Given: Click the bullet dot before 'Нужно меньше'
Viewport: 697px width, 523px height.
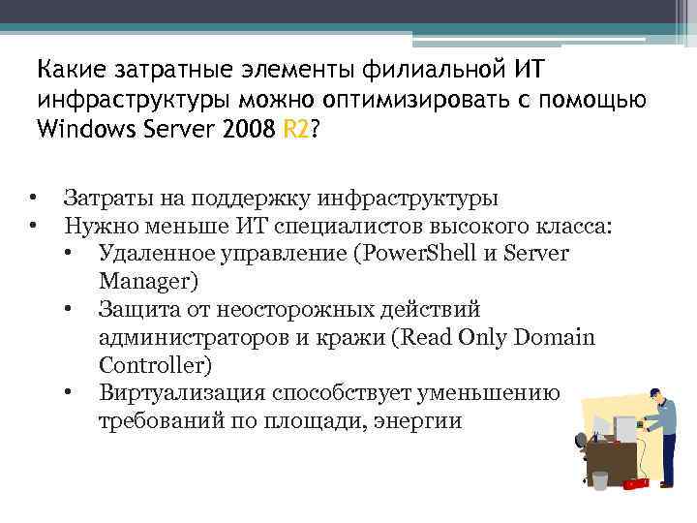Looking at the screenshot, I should pyautogui.click(x=34, y=227).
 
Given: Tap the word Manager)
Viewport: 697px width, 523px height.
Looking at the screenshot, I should pyautogui.click(x=147, y=281).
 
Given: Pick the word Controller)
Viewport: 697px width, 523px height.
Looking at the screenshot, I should pyautogui.click(x=155, y=365).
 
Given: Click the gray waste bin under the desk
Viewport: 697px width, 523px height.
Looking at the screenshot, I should pyautogui.click(x=600, y=479).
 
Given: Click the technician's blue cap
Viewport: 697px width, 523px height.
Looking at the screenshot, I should pyautogui.click(x=655, y=392).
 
